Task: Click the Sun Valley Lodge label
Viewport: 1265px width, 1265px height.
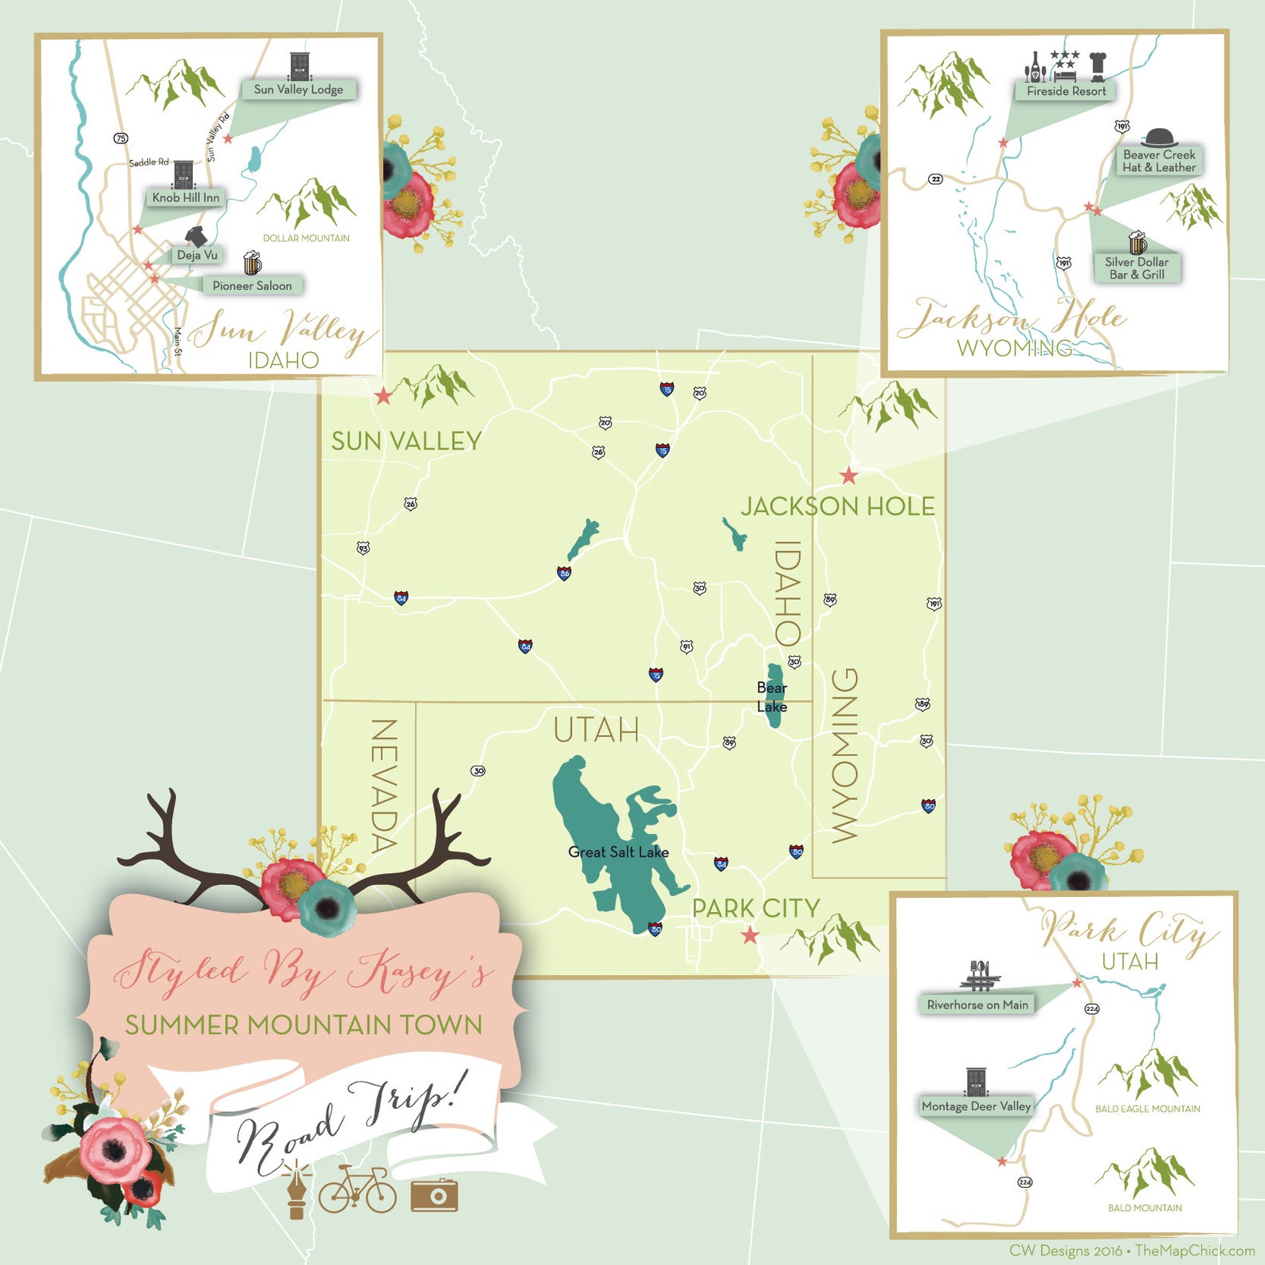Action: click(299, 90)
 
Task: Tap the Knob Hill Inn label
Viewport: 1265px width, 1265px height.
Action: click(186, 198)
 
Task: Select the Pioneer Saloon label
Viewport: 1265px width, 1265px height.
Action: click(252, 286)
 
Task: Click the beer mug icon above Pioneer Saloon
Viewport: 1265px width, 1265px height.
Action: click(252, 261)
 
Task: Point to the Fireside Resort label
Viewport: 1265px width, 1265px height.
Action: click(1066, 92)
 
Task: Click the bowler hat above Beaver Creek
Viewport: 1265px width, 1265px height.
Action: click(1159, 137)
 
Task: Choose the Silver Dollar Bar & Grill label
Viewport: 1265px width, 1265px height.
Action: click(1137, 268)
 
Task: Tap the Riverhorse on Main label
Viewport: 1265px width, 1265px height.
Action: click(977, 1005)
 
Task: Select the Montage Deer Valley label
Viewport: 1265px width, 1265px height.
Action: click(976, 1106)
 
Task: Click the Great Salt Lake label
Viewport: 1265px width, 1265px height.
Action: click(618, 852)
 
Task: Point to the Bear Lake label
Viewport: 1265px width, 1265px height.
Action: click(772, 697)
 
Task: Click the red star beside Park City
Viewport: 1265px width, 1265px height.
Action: click(750, 935)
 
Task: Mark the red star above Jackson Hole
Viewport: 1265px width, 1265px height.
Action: click(849, 476)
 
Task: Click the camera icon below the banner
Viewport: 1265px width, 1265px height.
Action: click(434, 1195)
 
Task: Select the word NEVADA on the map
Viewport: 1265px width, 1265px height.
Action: click(385, 785)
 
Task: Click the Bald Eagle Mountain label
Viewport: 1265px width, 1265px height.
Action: click(1147, 1109)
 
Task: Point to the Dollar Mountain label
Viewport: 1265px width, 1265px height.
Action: click(306, 238)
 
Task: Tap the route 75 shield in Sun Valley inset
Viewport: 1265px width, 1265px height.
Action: click(120, 139)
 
